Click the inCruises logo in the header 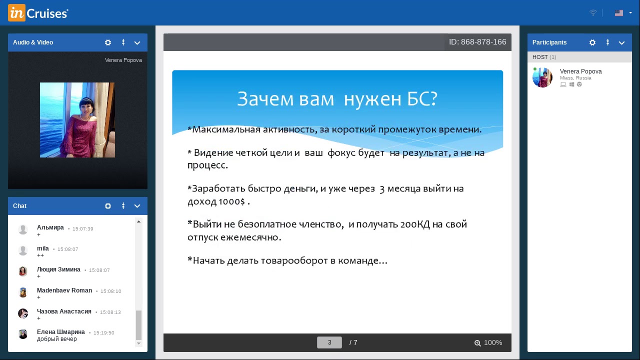point(38,13)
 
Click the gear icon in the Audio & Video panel point(107,42)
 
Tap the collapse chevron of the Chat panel point(137,206)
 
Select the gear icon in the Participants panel point(592,42)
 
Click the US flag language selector point(619,13)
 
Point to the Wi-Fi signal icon point(593,13)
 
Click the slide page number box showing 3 point(329,342)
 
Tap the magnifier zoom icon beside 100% point(477,343)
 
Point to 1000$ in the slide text point(231,201)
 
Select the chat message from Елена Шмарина point(57,339)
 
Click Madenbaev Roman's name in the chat point(64,290)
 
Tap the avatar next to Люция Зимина point(23,271)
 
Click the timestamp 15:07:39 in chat point(83,229)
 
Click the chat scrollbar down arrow point(138,343)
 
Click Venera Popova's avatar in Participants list point(542,77)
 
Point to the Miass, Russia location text point(575,78)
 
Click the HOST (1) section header point(544,57)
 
